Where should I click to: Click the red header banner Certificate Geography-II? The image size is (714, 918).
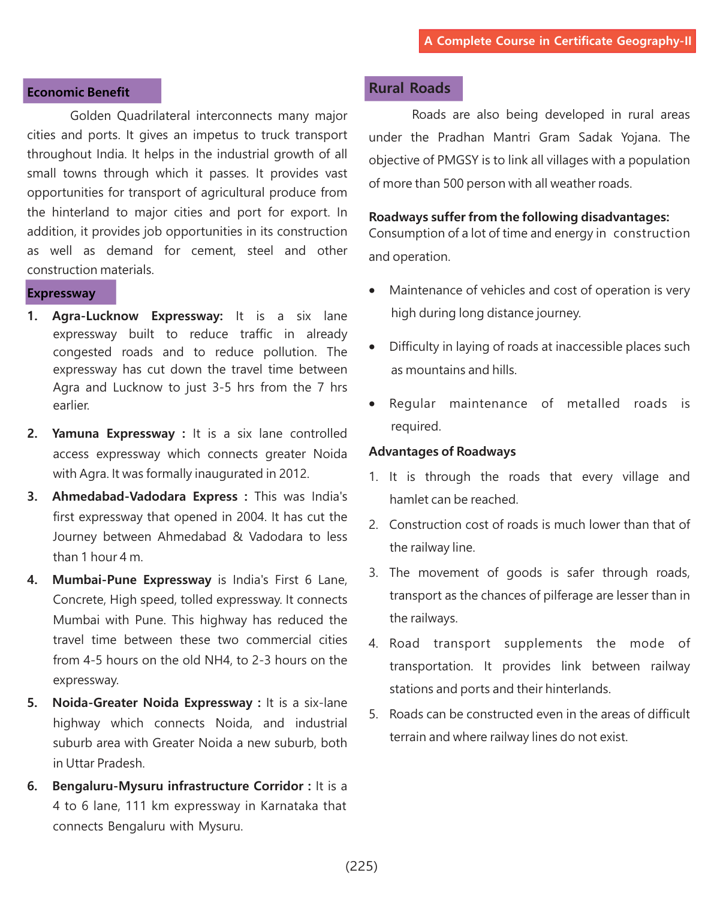point(558,41)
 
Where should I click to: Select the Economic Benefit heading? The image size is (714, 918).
point(79,92)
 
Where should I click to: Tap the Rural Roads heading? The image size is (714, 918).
point(410,89)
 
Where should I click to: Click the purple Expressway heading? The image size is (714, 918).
point(61,294)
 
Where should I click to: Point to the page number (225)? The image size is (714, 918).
point(361,866)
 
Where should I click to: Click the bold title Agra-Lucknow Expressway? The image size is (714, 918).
point(137,316)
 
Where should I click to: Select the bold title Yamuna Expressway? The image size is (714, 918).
point(113,434)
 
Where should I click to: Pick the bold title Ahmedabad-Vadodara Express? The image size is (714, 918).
point(145,496)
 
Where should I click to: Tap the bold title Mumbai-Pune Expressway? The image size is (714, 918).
point(132,580)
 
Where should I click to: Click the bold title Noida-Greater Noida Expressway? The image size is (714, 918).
point(152,703)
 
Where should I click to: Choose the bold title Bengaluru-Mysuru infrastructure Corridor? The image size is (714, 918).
point(178,786)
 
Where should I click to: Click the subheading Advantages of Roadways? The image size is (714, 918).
point(442,452)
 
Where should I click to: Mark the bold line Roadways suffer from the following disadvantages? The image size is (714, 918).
point(519,217)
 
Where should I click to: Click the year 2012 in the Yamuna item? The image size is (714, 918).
point(293,474)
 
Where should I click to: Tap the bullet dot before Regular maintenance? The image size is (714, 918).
point(372,404)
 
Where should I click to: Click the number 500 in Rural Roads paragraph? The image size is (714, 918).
point(453,183)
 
